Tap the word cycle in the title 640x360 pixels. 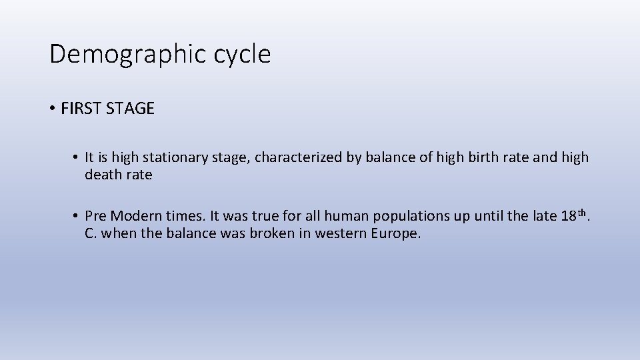tap(242, 54)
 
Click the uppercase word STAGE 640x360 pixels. tap(129, 109)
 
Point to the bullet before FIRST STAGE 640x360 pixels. tap(52, 109)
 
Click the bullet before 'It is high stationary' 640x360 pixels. tap(77, 157)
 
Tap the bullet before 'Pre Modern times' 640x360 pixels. tap(77, 216)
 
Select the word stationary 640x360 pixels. tap(171, 157)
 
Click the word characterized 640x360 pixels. tap(299, 157)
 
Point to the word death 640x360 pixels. tap(103, 175)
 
